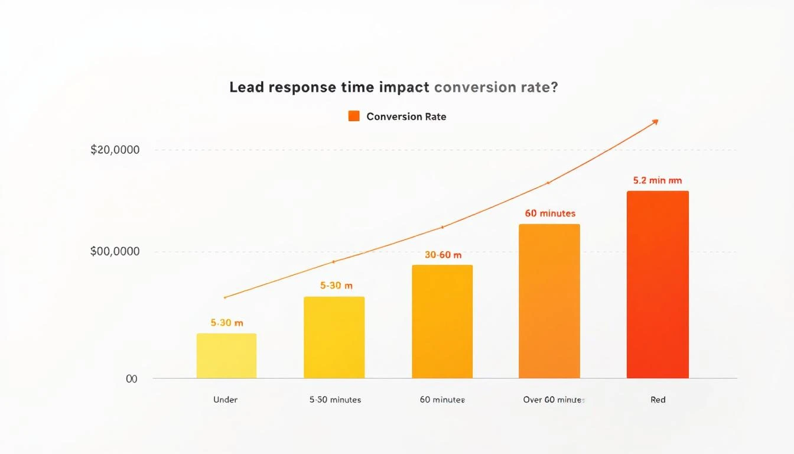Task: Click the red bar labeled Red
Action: [657, 284]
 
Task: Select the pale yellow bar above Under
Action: [226, 356]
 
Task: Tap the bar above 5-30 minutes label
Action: [334, 337]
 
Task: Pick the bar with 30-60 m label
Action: [442, 321]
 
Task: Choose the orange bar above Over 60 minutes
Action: [549, 301]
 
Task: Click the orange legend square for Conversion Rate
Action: [354, 116]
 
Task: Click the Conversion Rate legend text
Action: [406, 116]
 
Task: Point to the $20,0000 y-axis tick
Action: [115, 150]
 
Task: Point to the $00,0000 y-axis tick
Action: [115, 252]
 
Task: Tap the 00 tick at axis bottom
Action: [131, 379]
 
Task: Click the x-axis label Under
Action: [225, 400]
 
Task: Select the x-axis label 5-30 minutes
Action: [335, 400]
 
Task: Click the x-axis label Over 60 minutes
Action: [554, 400]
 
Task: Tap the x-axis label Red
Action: [658, 400]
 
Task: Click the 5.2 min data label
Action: [657, 180]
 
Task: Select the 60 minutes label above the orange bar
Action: [549, 213]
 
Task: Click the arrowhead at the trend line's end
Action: [655, 122]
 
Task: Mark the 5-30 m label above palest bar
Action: [227, 323]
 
